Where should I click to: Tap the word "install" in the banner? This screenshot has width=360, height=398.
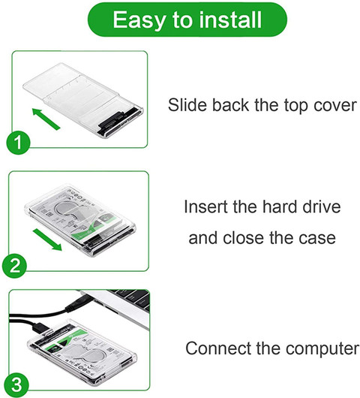tap(230, 20)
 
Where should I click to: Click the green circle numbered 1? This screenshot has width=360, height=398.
tap(18, 142)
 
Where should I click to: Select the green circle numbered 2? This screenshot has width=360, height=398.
tap(14, 266)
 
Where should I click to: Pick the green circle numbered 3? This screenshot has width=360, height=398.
tap(16, 384)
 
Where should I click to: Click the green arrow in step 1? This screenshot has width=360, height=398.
tap(46, 119)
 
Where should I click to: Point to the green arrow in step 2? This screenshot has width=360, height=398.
tap(47, 240)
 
